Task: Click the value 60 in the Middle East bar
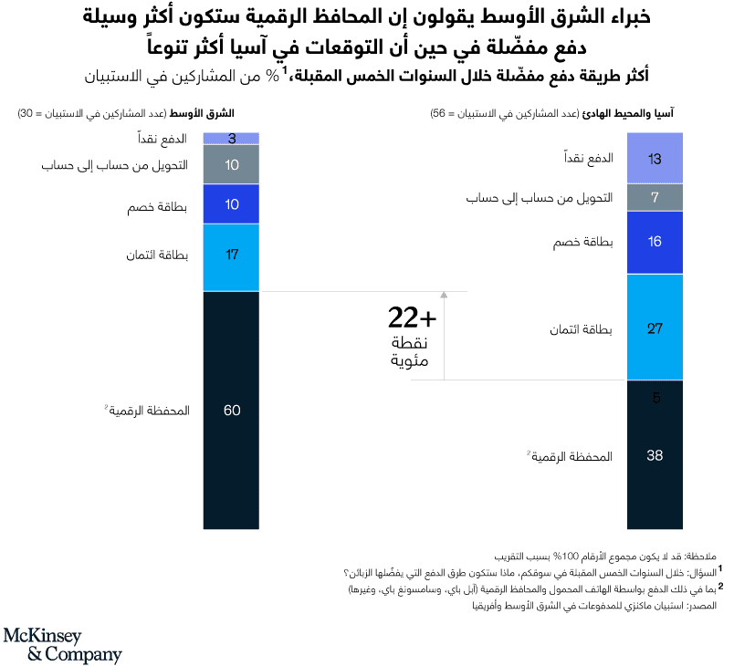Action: [231, 411]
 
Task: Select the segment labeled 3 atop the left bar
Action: [231, 139]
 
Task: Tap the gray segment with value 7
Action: [655, 198]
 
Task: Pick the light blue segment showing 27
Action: [655, 328]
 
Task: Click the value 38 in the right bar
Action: [655, 455]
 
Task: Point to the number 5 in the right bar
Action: [655, 398]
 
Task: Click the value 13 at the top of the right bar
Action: [655, 159]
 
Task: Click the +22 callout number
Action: [412, 318]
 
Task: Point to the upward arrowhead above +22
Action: [444, 295]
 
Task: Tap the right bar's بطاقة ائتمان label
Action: [584, 328]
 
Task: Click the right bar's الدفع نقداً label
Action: [590, 159]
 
